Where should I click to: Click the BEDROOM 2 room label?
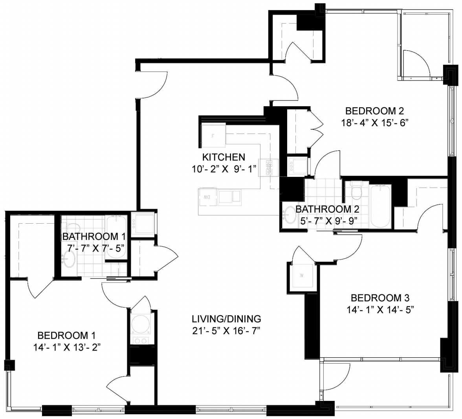374,111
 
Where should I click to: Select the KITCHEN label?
224,157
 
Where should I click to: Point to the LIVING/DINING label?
226,319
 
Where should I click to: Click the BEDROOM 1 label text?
67,335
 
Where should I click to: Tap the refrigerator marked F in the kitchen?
213,136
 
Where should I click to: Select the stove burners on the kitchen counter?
269,168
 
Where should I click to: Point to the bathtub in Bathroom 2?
380,206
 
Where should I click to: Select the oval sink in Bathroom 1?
69,259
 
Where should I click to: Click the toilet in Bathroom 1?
72,227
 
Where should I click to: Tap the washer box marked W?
302,276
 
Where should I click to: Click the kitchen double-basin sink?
229,197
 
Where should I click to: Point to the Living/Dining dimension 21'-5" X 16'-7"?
226,331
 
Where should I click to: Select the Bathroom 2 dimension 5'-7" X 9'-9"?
327,221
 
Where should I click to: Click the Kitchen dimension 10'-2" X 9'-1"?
224,169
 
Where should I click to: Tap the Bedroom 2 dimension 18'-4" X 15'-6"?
374,123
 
